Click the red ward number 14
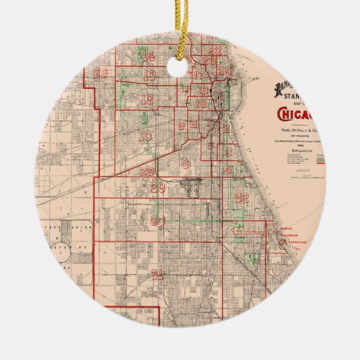148,56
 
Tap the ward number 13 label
149,74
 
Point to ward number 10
145,135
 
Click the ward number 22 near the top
215,51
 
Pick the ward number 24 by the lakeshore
225,72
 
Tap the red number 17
198,75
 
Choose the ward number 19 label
201,103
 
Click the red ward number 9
181,126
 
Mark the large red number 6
185,163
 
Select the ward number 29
158,188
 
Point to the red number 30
158,221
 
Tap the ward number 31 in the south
158,274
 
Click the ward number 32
242,197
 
